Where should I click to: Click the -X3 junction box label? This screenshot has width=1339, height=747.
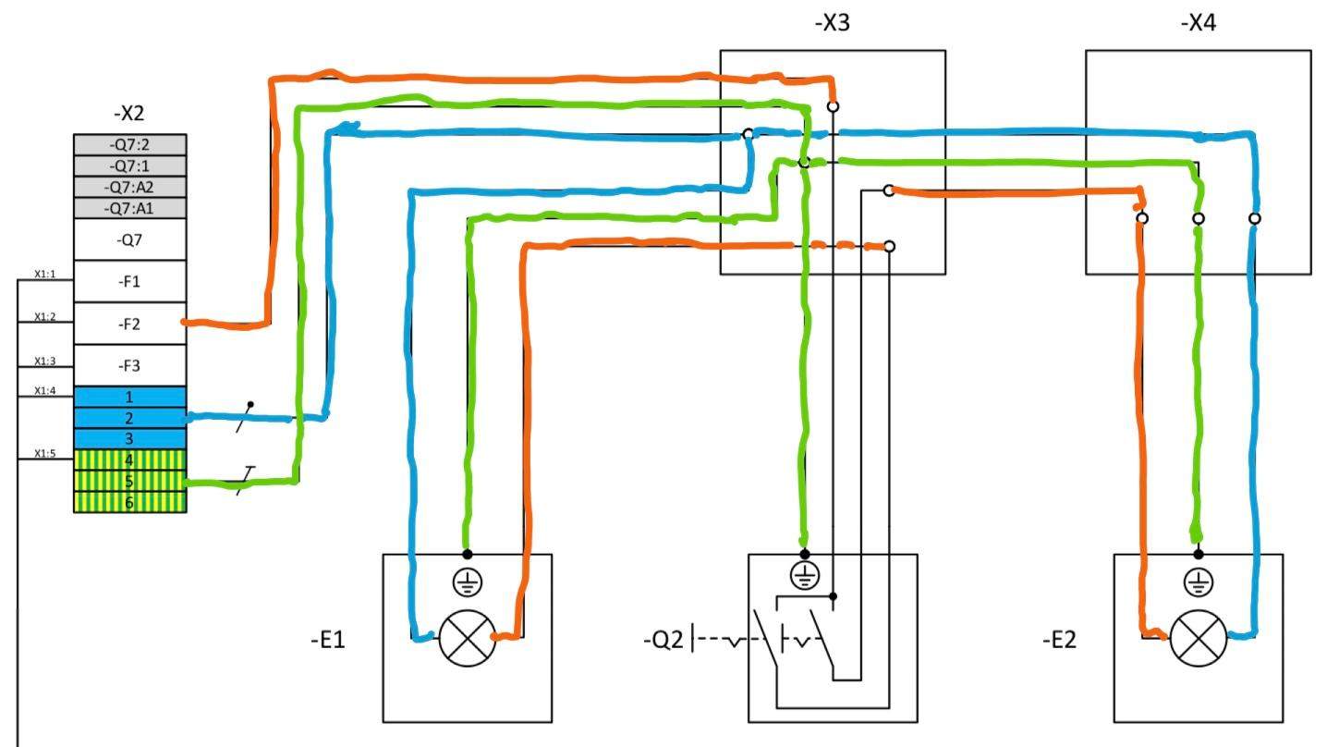[832, 23]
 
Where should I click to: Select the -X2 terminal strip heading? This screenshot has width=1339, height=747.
[128, 114]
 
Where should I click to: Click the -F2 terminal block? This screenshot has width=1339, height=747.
[129, 324]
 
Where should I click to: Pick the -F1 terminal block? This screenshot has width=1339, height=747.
[129, 281]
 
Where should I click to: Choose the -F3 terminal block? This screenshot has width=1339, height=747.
[129, 366]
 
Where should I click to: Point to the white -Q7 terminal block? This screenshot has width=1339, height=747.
[129, 239]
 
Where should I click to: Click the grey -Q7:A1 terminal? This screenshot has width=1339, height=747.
[129, 208]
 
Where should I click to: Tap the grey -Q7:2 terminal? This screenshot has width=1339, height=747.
[129, 144]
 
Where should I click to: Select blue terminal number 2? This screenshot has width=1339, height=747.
[129, 418]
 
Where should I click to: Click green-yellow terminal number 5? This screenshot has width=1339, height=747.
[129, 481]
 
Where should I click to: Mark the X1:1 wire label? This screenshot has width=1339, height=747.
[45, 274]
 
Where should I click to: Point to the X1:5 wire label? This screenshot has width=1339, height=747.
[45, 453]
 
